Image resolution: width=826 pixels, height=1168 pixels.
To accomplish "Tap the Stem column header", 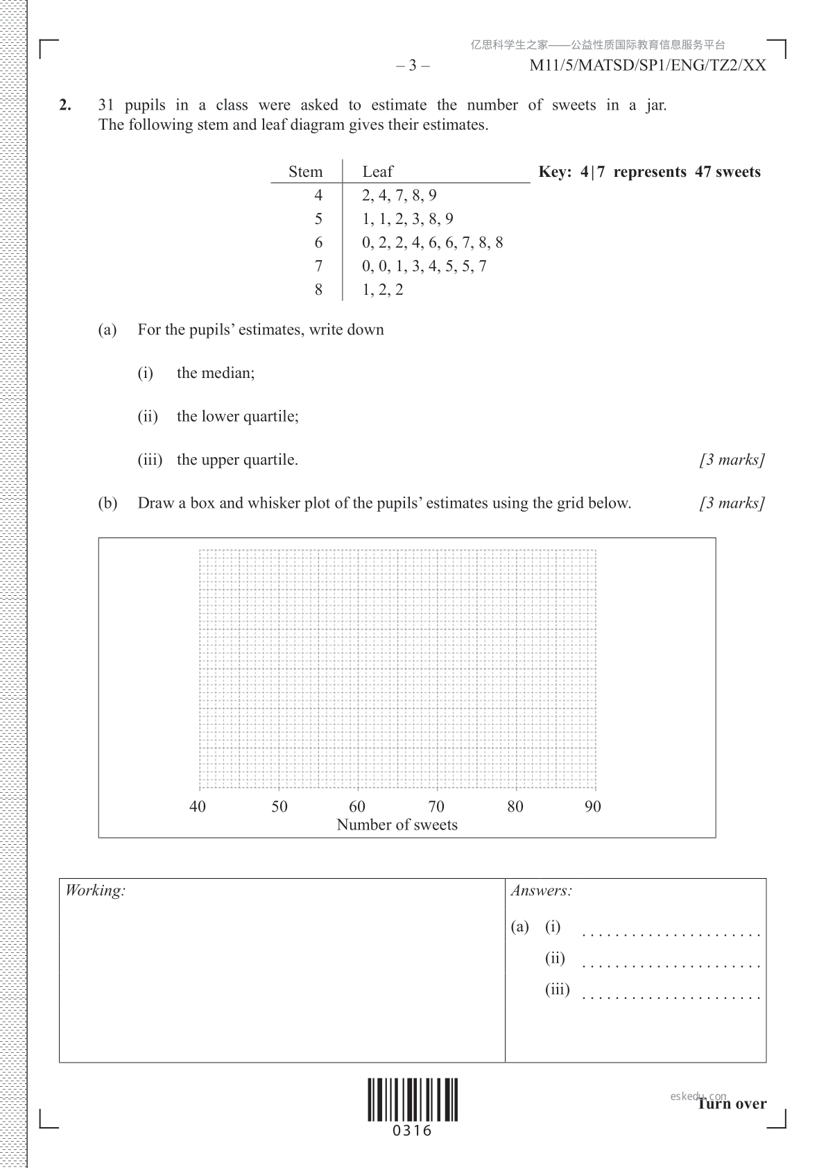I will [x=305, y=172].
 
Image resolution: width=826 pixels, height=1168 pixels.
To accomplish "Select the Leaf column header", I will [x=377, y=172].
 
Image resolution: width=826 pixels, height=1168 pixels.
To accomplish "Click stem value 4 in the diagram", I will [x=318, y=196].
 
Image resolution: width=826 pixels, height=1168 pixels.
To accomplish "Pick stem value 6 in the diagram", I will [x=318, y=243].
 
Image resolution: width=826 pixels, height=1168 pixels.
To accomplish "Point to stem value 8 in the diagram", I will [x=318, y=290].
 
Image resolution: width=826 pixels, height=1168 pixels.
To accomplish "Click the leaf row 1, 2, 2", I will [x=382, y=290].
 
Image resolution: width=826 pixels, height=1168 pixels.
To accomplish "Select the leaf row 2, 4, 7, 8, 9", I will [x=399, y=196].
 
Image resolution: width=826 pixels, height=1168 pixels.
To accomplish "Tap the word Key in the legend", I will [x=553, y=172].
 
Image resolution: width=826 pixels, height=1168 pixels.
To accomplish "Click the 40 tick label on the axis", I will [x=198, y=807].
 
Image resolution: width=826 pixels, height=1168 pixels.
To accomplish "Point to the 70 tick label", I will [x=436, y=807].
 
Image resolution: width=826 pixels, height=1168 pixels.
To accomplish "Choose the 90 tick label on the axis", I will [x=593, y=807].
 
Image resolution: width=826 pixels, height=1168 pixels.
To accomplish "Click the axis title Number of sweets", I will [x=397, y=825].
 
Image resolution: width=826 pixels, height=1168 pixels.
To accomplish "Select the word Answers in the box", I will [x=541, y=891].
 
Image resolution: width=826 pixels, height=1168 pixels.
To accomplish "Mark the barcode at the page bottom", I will [x=413, y=1100].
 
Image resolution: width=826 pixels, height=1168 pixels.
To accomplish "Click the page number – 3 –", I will [x=413, y=66].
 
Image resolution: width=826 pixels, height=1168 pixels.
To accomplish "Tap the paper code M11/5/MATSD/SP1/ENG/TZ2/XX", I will [x=648, y=66].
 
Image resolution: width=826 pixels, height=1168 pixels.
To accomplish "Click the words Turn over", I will [x=732, y=1104].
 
